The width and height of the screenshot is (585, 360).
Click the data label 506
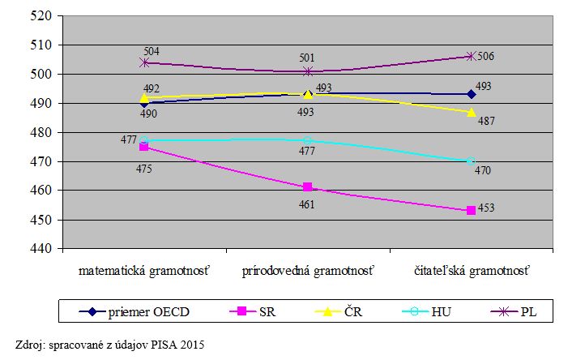click(485, 56)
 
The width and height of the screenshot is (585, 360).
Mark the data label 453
click(485, 208)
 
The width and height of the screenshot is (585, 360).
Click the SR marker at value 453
click(471, 211)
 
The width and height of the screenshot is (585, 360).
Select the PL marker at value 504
click(144, 62)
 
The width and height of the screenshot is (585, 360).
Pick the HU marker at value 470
click(471, 161)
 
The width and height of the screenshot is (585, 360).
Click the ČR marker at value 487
click(471, 112)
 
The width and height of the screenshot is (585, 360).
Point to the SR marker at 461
click(308, 187)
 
